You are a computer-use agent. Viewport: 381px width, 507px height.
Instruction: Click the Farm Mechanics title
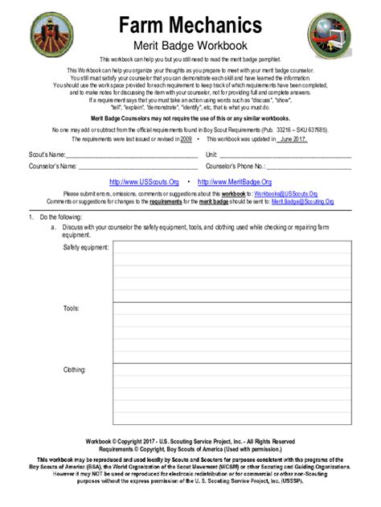coord(190,23)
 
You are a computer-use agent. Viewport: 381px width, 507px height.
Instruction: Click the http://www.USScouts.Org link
coord(144,182)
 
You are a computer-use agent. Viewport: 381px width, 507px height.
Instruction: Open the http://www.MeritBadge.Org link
coord(235,182)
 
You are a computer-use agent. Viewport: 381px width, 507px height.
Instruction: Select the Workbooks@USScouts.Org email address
coord(286,194)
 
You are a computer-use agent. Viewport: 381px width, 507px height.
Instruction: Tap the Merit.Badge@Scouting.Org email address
coord(302,201)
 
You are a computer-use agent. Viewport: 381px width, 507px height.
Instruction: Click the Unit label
coord(212,155)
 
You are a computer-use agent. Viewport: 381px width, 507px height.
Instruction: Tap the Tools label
coord(71,308)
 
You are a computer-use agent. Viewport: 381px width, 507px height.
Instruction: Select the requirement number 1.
coord(31,217)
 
